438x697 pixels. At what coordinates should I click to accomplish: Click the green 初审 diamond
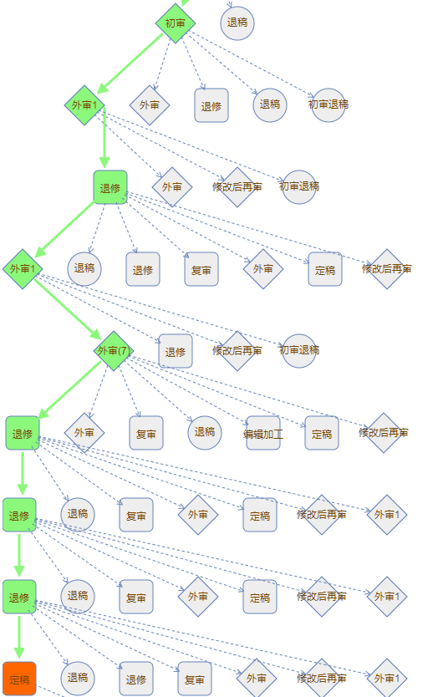tap(176, 23)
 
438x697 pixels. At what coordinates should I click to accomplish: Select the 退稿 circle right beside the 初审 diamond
tap(237, 23)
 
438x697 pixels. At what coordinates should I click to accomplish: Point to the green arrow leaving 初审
tap(130, 64)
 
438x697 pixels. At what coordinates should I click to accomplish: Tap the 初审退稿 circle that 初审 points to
tap(328, 105)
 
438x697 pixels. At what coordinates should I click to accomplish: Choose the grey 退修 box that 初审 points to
tap(211, 105)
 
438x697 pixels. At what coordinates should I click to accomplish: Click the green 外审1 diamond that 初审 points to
tap(84, 105)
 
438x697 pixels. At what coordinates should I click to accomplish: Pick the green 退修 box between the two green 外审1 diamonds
tap(110, 187)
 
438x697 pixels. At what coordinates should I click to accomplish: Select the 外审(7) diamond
tap(114, 351)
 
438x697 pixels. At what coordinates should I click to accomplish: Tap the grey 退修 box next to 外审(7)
tap(176, 351)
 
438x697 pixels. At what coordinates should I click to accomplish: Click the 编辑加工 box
tap(263, 433)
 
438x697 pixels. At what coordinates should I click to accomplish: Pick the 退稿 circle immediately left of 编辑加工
tap(205, 433)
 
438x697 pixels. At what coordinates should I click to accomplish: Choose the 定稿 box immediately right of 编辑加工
tap(322, 433)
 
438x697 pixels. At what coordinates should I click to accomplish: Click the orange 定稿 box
tap(19, 679)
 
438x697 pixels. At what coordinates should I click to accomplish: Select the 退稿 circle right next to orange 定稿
tap(78, 679)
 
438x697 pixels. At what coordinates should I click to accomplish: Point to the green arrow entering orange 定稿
tap(19, 638)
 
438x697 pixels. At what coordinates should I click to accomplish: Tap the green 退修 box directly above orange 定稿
tap(19, 597)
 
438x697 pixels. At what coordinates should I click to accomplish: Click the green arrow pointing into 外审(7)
tap(68, 309)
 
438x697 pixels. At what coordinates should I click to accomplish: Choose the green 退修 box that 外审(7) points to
tap(23, 433)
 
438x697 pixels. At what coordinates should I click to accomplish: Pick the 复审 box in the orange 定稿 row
tap(195, 679)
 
